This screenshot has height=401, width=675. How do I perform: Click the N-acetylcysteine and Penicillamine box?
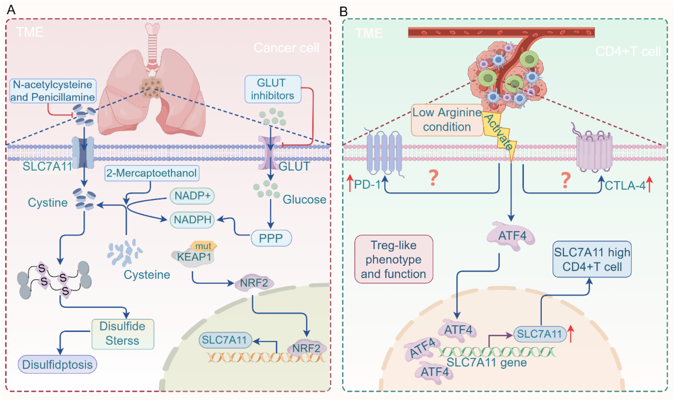click(53, 91)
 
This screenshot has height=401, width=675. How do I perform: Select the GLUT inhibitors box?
click(273, 89)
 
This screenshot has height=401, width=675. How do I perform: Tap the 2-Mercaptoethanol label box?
click(152, 173)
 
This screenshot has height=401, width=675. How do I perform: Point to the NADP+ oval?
click(192, 196)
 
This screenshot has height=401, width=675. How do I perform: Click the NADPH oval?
click(192, 220)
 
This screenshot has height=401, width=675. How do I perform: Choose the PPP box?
click(271, 238)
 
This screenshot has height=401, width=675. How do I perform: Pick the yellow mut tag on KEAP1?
click(203, 246)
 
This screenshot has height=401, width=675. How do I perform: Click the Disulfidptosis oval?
click(57, 365)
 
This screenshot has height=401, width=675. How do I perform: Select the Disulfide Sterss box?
click(123, 334)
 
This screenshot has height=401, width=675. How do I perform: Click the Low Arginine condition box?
click(447, 120)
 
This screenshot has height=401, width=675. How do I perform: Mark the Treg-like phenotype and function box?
click(394, 259)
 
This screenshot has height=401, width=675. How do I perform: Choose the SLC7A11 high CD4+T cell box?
click(592, 259)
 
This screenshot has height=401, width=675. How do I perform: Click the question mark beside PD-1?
click(434, 178)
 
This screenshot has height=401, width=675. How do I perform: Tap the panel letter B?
click(343, 12)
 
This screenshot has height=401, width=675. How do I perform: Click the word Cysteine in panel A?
click(147, 275)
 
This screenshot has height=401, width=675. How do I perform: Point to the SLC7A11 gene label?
click(486, 363)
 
